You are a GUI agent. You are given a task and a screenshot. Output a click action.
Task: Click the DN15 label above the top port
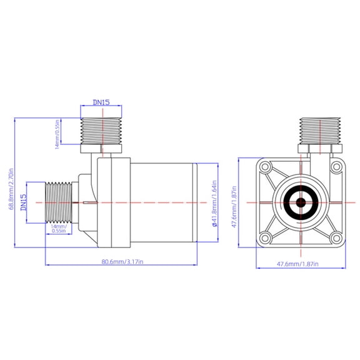(102, 101)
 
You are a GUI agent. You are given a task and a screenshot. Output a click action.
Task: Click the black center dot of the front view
(301, 202)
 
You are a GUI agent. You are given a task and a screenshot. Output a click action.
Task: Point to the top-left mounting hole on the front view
(266, 167)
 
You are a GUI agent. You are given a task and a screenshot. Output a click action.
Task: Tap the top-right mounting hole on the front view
(336, 167)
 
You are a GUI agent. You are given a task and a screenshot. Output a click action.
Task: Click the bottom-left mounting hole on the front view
(266, 237)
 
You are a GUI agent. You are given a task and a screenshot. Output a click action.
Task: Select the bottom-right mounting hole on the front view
(336, 237)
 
